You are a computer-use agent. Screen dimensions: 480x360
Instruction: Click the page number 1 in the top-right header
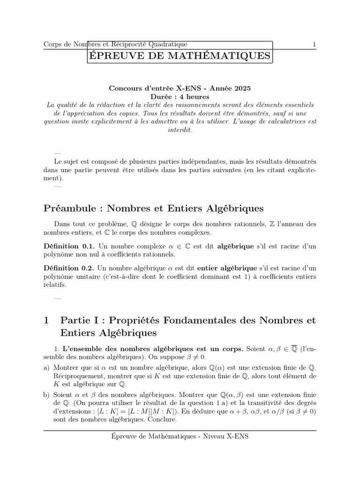point(314,45)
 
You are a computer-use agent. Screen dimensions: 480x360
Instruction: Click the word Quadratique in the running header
point(167,45)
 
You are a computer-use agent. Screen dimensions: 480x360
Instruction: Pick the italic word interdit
point(180,129)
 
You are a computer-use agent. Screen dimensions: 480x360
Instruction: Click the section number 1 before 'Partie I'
point(46,321)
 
